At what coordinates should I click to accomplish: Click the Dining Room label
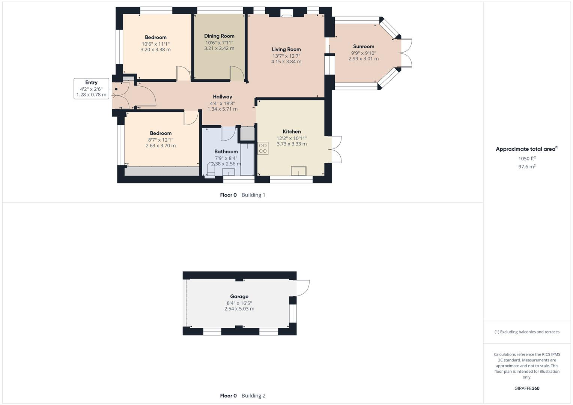[219, 36]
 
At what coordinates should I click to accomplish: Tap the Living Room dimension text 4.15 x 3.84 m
[286, 61]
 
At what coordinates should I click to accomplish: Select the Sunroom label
[363, 46]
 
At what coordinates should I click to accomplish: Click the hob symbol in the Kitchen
[263, 148]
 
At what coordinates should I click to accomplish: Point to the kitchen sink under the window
[299, 171]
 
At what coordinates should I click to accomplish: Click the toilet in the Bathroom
[210, 171]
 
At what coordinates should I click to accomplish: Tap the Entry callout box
[91, 88]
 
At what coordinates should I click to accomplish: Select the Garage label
[239, 296]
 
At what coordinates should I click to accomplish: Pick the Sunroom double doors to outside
[406, 53]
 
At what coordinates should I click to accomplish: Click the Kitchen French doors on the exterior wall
[336, 149]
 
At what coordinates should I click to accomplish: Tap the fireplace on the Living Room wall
[287, 14]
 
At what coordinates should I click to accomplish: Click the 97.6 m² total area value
[526, 167]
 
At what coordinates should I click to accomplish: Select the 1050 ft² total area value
[526, 159]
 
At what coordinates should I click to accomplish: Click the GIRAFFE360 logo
[526, 388]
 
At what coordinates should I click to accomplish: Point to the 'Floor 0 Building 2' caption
[242, 396]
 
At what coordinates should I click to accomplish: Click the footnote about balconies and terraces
[526, 332]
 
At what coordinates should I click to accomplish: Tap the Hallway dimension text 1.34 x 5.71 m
[223, 109]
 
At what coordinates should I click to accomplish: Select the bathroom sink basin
[229, 172]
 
